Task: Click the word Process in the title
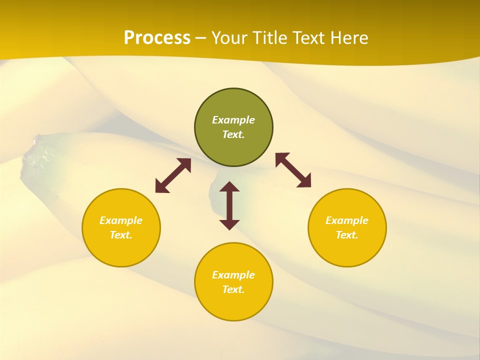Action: click(x=157, y=38)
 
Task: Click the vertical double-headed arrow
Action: click(x=229, y=205)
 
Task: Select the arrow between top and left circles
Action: click(x=173, y=175)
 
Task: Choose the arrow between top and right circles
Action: click(x=293, y=170)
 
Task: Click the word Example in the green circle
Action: click(x=233, y=120)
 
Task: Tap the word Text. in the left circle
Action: click(x=121, y=235)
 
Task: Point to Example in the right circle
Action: click(x=347, y=220)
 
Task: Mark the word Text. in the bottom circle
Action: click(x=233, y=289)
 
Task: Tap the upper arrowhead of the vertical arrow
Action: click(x=229, y=187)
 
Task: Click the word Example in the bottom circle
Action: click(x=233, y=275)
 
